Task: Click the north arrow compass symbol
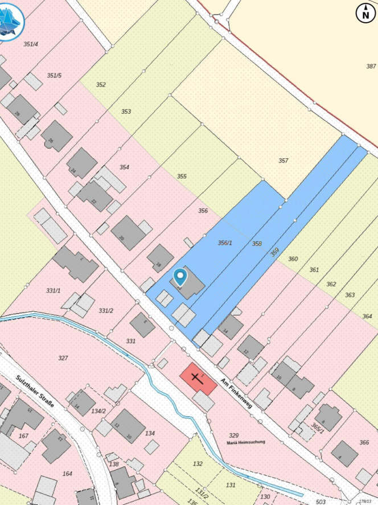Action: click(365, 13)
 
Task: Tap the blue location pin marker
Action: click(180, 277)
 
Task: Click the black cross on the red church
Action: click(197, 377)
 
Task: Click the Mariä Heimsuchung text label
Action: click(246, 442)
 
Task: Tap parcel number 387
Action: click(371, 67)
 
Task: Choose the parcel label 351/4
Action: click(31, 44)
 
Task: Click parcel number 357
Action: click(283, 161)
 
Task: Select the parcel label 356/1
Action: click(225, 243)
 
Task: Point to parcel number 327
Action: click(63, 358)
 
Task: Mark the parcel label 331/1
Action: click(53, 291)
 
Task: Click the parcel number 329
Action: click(233, 435)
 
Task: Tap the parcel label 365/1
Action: click(318, 428)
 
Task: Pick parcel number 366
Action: click(364, 442)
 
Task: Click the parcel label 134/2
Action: click(98, 410)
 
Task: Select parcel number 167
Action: click(23, 436)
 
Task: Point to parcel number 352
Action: click(101, 85)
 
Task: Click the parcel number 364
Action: click(367, 317)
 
